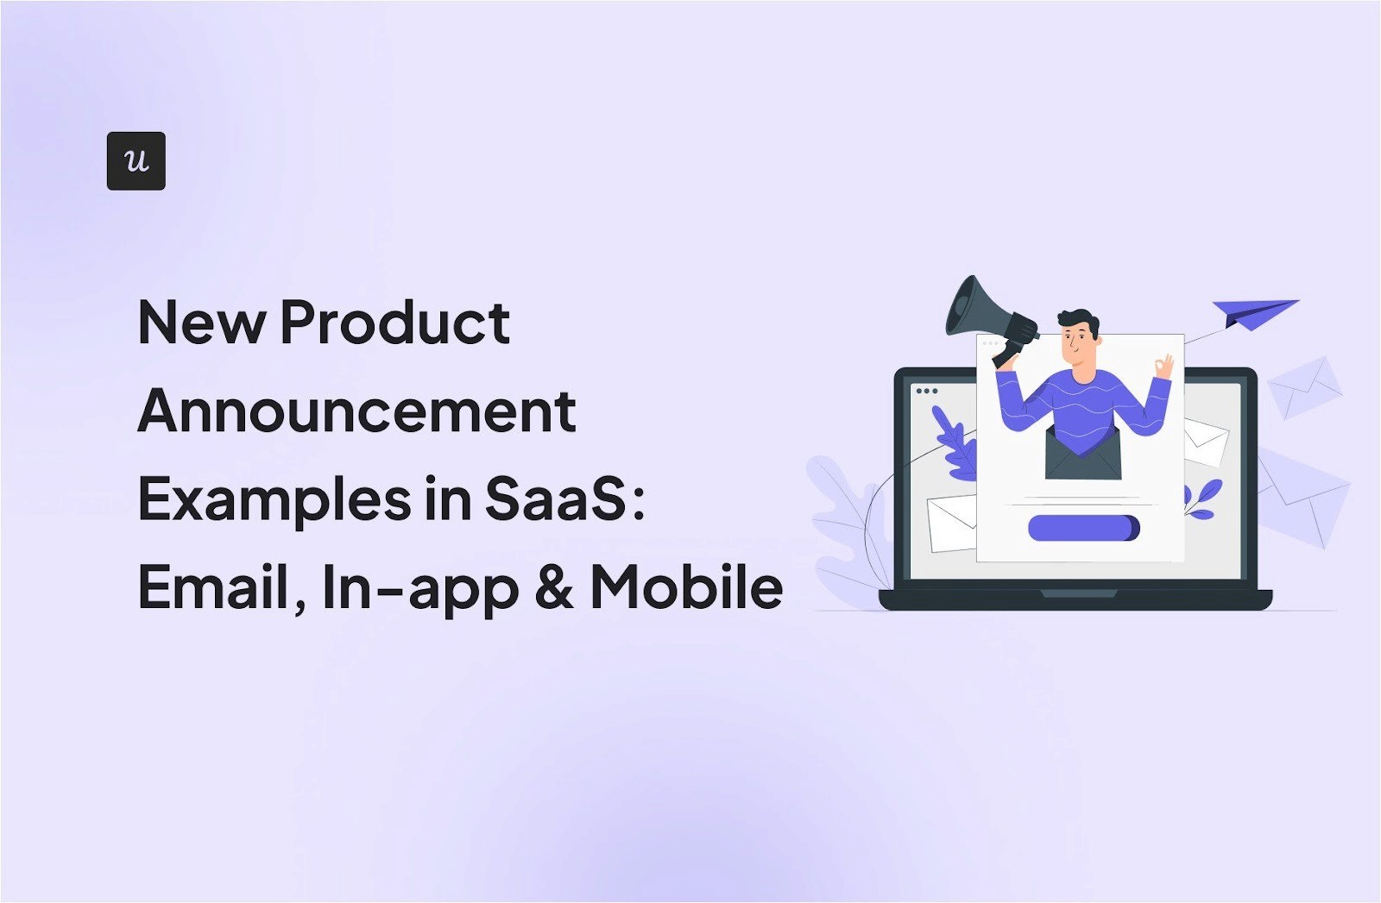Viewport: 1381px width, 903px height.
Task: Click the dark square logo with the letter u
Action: click(136, 161)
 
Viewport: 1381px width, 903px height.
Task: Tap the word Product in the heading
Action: click(394, 323)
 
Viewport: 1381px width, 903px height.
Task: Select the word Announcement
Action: click(356, 411)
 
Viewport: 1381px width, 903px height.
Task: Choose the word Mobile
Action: click(686, 588)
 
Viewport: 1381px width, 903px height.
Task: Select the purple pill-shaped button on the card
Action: click(1083, 528)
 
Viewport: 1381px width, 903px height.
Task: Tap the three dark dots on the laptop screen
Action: click(927, 391)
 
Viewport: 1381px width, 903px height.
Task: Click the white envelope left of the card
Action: click(951, 524)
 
